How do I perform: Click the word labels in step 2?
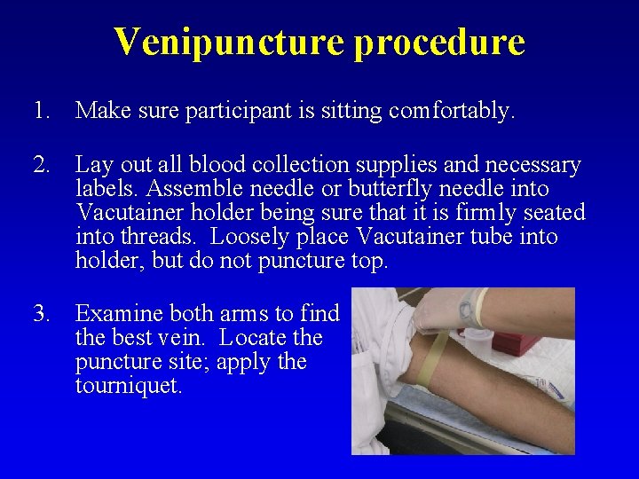point(106,189)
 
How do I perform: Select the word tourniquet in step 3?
point(128,386)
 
